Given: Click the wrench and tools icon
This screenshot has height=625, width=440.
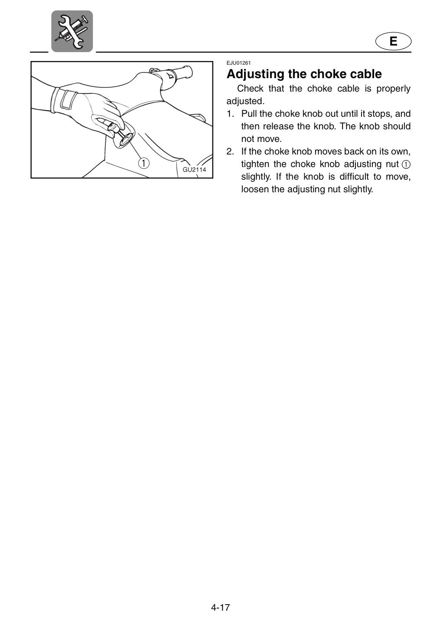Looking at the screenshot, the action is click(x=72, y=31).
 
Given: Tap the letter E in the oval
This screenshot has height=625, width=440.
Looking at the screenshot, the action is click(x=393, y=41).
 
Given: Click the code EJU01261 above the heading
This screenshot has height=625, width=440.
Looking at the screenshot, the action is click(x=238, y=63).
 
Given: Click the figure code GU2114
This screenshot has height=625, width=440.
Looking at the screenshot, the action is click(x=194, y=170).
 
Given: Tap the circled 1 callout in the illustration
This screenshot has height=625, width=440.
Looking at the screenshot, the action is click(x=143, y=163).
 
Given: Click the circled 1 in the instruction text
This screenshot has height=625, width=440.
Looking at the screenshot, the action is click(x=406, y=164).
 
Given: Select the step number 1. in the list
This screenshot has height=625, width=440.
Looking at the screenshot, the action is click(x=230, y=114).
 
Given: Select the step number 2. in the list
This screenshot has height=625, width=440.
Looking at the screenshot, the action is click(x=230, y=151).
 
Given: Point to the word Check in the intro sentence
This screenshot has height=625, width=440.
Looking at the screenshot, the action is click(x=250, y=89).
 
